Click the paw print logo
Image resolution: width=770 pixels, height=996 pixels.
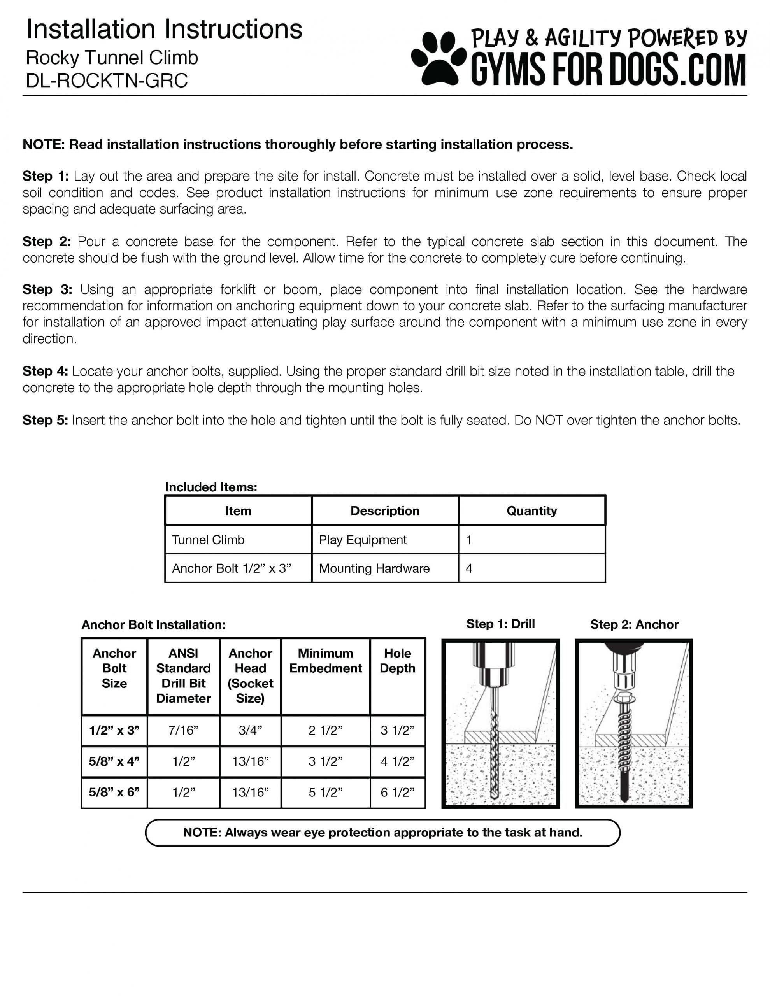click(438, 58)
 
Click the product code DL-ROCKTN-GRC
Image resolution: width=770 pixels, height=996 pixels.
click(107, 81)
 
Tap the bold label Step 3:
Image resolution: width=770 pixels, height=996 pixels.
click(47, 289)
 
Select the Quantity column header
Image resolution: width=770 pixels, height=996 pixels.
click(531, 510)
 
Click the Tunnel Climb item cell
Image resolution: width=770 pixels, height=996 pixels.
click(208, 540)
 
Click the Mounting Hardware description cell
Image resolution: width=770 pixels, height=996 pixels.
click(374, 568)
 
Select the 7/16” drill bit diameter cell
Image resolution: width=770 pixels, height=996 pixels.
click(183, 730)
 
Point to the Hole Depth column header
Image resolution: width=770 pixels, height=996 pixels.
click(397, 660)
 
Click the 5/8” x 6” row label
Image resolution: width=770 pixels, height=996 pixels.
click(114, 792)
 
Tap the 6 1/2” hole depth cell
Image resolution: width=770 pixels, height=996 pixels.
click(397, 792)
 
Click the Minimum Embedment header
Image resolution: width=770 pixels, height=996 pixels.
click(325, 660)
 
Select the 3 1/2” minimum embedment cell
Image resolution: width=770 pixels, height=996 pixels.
click(325, 761)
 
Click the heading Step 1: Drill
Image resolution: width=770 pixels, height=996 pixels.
click(500, 624)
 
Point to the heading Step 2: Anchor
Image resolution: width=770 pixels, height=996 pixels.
click(634, 624)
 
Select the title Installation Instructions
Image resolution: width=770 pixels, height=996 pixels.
click(164, 29)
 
